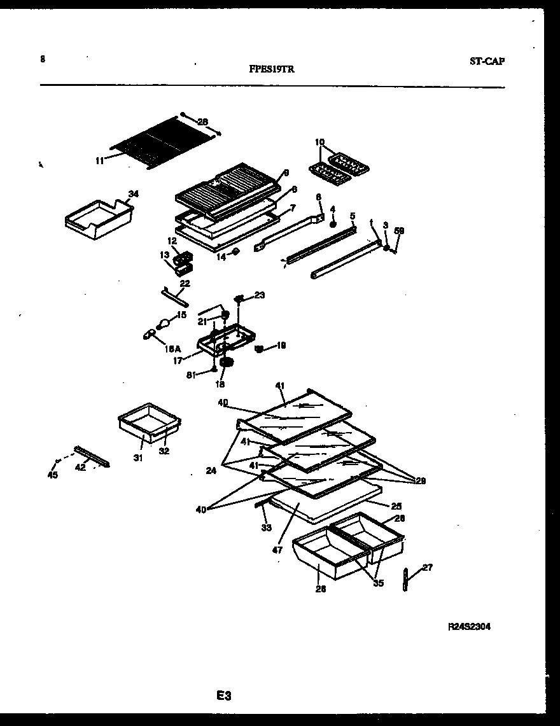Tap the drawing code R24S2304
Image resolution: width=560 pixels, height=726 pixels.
pos(469,626)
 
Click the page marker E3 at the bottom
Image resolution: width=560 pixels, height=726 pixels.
pos(222,696)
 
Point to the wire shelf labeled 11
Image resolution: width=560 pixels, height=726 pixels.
pos(162,143)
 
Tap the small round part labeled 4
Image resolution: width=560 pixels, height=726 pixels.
pos(332,224)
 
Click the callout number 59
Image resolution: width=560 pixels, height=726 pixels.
pos(400,231)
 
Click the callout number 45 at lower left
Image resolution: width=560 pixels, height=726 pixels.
pos(53,475)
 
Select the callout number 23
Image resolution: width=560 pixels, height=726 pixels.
pos(260,295)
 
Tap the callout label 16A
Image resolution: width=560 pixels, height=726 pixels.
pos(171,349)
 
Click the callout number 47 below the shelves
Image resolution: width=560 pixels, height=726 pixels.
pos(277,550)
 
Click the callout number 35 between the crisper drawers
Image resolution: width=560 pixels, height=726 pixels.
pos(378,583)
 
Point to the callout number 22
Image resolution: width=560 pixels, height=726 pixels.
pos(185,283)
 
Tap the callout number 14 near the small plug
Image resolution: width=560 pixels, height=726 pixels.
pos(221,258)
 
